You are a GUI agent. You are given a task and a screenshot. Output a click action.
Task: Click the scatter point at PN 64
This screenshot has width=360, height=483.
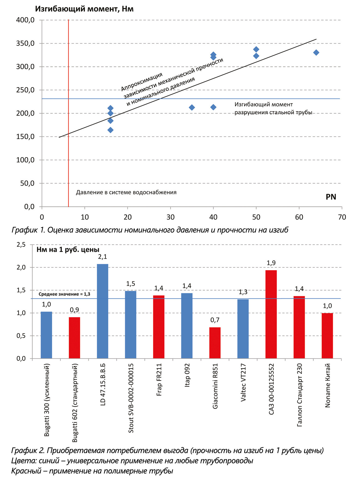click(316, 53)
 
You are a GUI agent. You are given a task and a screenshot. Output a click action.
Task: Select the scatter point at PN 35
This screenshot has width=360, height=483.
click(192, 107)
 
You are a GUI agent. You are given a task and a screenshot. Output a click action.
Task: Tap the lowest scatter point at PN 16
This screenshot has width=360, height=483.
click(110, 130)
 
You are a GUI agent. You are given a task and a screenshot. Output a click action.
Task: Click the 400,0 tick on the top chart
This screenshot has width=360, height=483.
click(25, 20)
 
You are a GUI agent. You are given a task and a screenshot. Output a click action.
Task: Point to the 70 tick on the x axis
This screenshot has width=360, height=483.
click(342, 217)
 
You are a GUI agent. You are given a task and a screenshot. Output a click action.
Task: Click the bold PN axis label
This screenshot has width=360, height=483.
click(331, 197)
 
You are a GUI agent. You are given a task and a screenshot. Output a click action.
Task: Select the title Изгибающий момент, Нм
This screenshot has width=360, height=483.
click(84, 9)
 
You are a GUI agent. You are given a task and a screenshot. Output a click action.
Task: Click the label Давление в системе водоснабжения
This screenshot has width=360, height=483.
click(126, 192)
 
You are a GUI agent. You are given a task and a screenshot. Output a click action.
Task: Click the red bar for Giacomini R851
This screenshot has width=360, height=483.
click(215, 343)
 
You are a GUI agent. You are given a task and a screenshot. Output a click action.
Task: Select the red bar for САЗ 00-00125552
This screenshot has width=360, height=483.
click(271, 314)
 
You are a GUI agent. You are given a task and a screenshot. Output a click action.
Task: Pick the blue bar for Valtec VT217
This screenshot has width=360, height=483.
click(243, 329)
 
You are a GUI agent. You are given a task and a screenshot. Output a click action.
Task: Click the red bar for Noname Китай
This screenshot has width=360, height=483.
click(327, 336)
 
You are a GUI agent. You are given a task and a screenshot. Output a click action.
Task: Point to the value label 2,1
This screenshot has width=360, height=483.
click(103, 257)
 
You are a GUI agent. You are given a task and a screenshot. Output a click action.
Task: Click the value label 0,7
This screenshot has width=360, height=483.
click(215, 320)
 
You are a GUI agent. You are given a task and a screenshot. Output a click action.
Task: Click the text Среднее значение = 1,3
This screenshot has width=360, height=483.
click(64, 294)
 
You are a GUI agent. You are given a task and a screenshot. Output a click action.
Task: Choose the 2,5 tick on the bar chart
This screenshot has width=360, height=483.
click(21, 245)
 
